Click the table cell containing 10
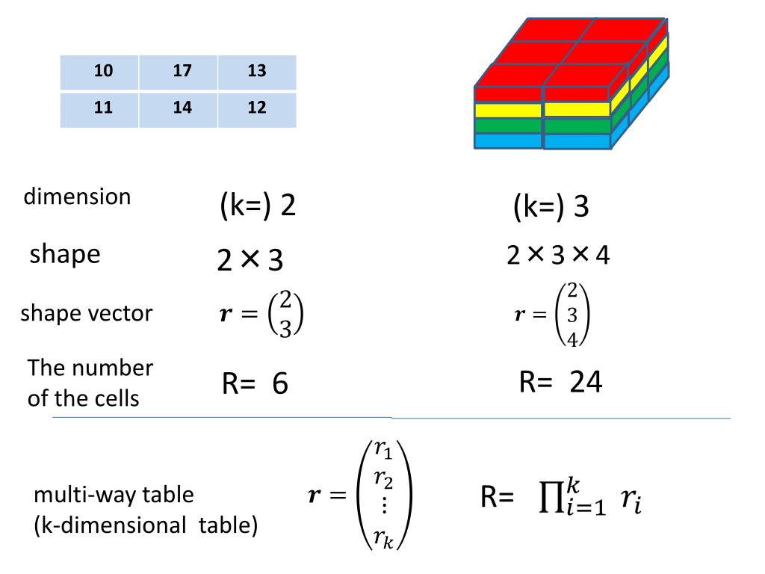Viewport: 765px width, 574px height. tap(103, 72)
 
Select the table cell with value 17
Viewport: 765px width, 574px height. tap(182, 72)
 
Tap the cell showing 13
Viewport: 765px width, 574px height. tap(257, 72)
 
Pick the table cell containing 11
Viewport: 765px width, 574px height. tap(103, 108)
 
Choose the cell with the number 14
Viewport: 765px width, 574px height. tap(182, 108)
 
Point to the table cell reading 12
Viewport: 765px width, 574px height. tap(257, 108)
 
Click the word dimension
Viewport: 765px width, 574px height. tap(77, 197)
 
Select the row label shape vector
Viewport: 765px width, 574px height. tap(86, 313)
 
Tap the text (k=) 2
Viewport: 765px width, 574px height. tap(258, 206)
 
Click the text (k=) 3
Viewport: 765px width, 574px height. tap(551, 206)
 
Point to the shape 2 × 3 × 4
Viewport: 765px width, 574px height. tap(558, 256)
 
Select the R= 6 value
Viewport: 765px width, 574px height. tap(255, 385)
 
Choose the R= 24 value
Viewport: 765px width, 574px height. tap(560, 383)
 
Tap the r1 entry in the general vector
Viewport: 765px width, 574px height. tap(384, 450)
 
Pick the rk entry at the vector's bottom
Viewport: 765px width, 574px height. tap(384, 537)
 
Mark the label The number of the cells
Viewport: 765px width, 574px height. tap(90, 383)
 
